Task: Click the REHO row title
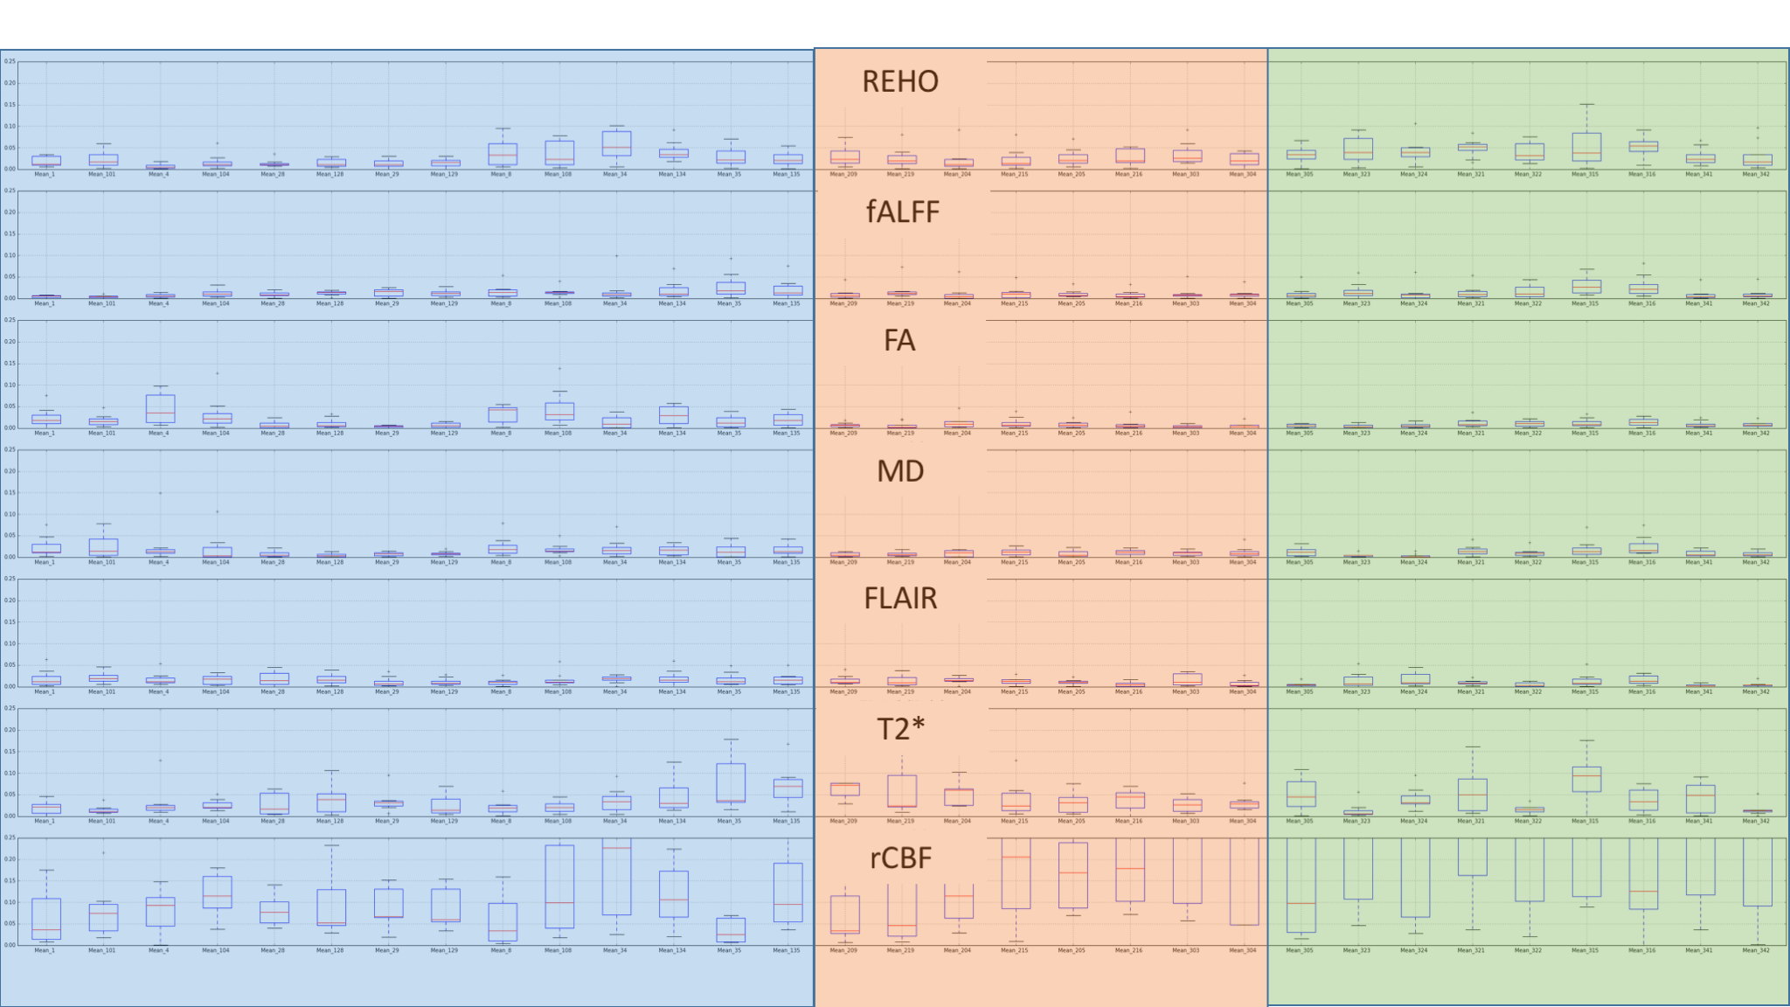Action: tap(899, 81)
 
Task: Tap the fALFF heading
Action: tap(902, 212)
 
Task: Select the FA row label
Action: tap(899, 340)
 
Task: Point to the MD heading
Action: tap(900, 471)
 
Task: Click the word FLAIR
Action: tap(900, 599)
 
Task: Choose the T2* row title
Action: tap(900, 728)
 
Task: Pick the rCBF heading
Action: tap(900, 858)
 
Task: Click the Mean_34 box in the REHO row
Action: tap(616, 143)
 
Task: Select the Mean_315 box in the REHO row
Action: tap(1586, 147)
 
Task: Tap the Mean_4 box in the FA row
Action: tap(160, 408)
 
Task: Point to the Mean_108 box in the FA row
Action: tap(559, 411)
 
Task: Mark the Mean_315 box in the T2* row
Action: tap(1586, 779)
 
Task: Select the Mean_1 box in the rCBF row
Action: tap(46, 919)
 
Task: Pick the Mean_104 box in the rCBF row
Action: tap(217, 892)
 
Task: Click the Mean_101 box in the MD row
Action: tap(103, 547)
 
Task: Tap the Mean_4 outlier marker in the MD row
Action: tap(160, 493)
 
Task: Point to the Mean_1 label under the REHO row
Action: tap(44, 174)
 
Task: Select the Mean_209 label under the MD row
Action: tap(843, 562)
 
